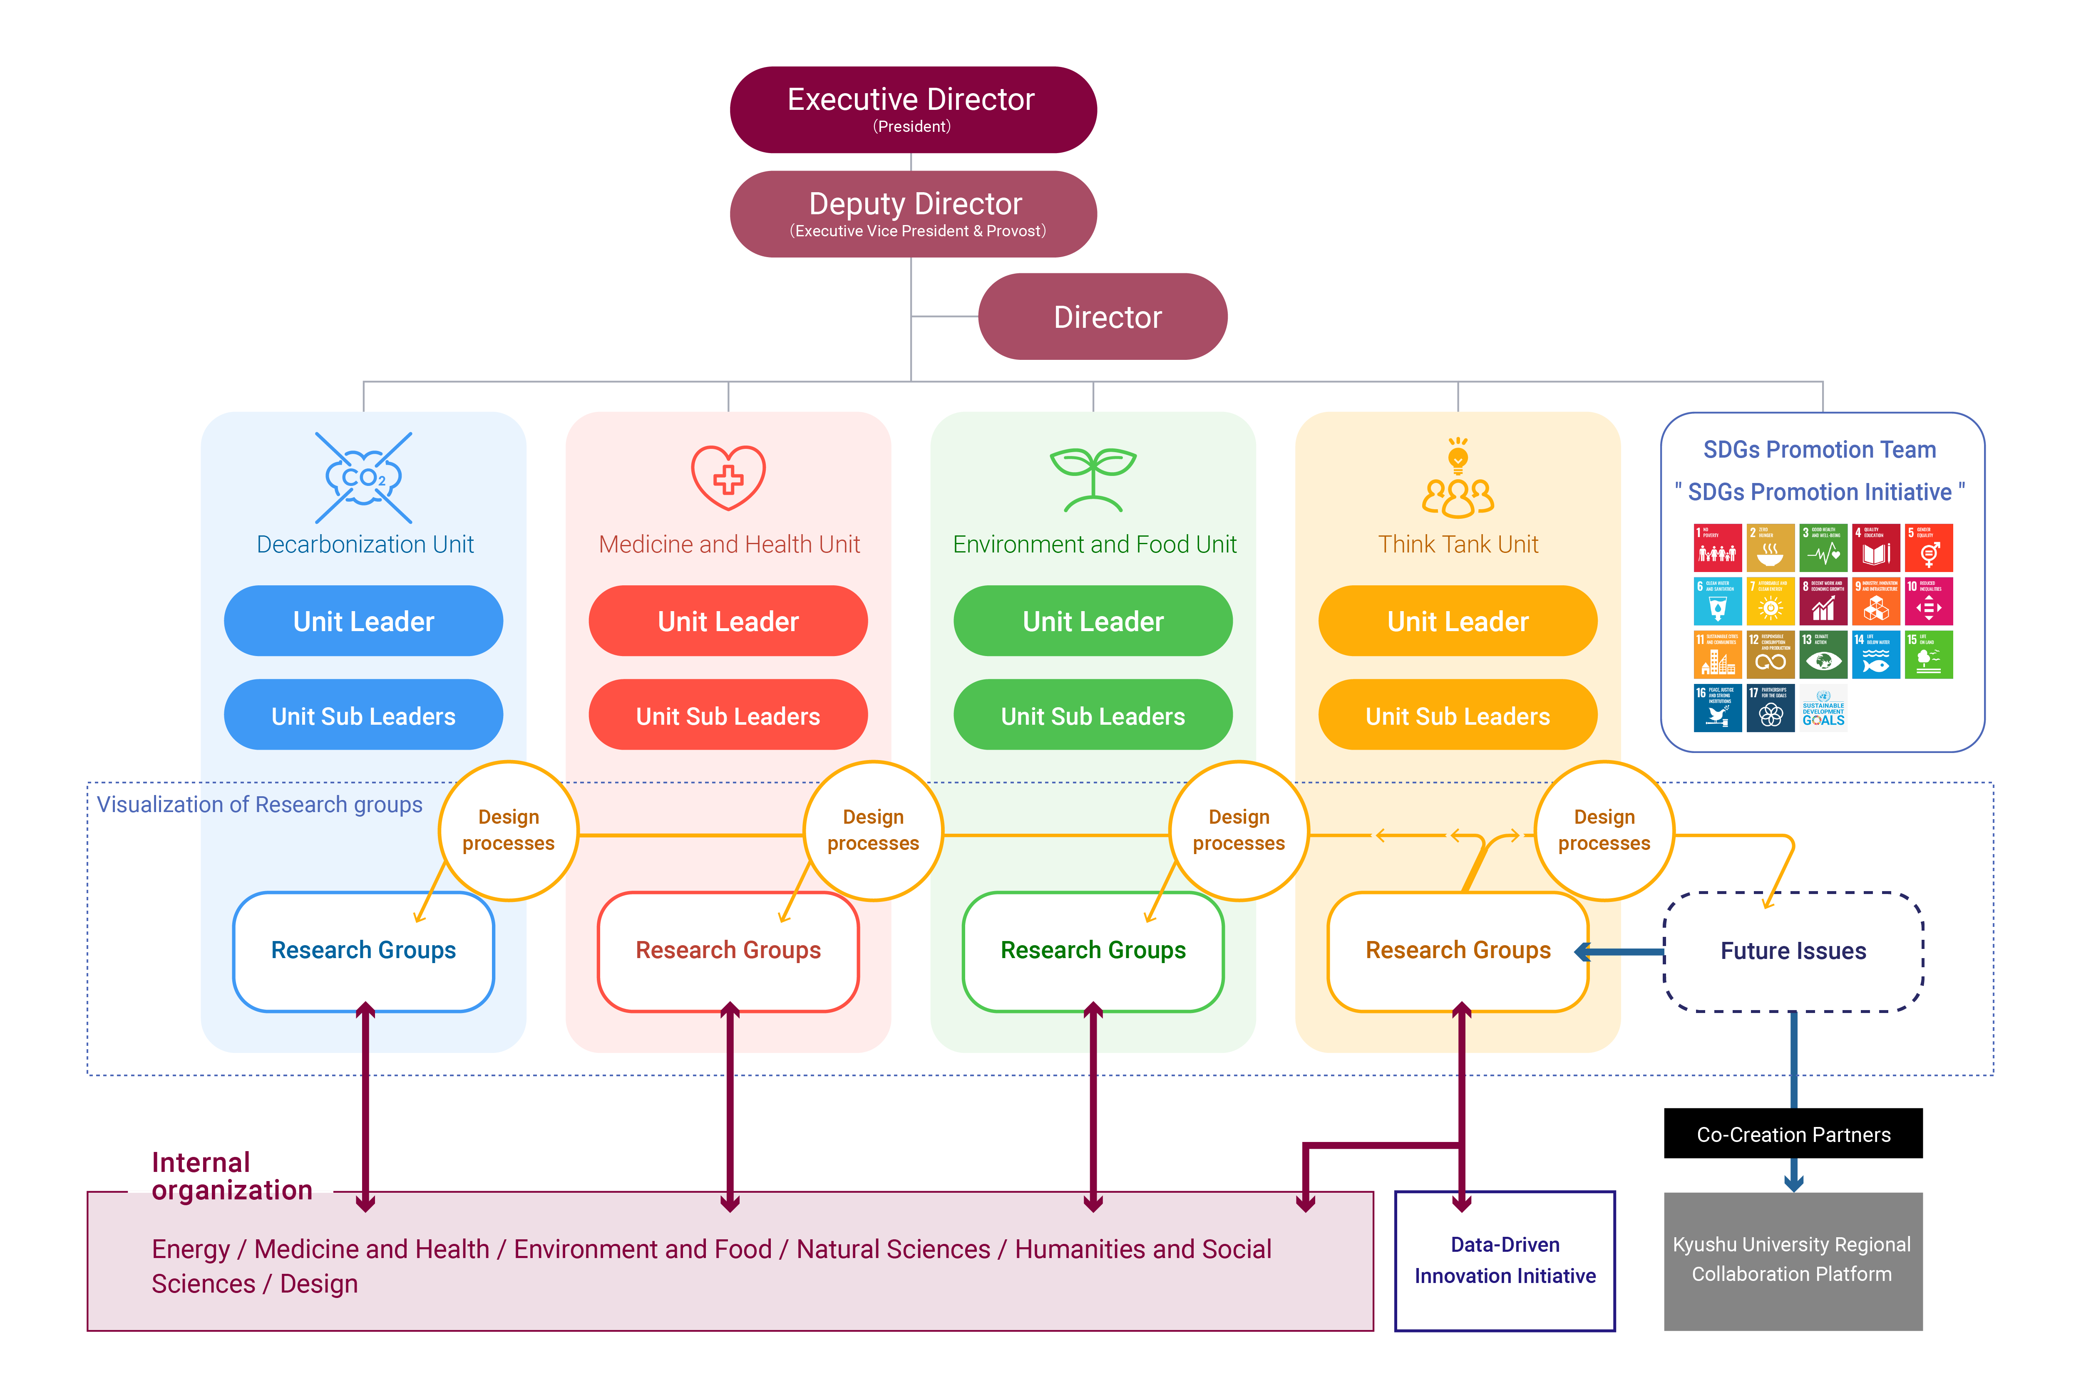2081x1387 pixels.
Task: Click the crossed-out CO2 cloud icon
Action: point(364,478)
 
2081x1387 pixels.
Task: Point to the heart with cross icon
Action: point(728,478)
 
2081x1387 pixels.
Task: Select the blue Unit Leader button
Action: point(364,621)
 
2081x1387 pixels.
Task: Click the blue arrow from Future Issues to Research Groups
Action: point(1624,952)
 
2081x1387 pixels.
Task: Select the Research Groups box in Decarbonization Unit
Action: point(364,951)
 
